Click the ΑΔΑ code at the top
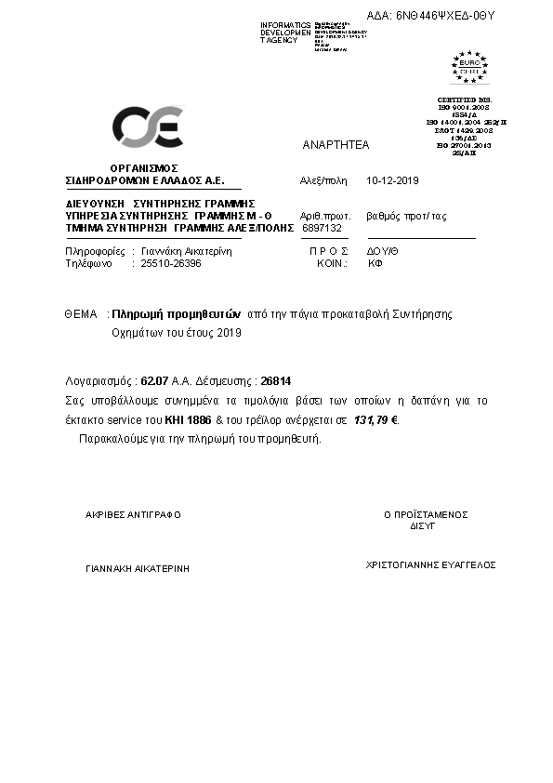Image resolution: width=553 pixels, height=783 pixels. pyautogui.click(x=432, y=16)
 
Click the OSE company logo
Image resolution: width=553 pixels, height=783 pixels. pyautogui.click(x=147, y=127)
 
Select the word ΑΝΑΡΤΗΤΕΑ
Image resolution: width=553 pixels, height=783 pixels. pyautogui.click(x=336, y=145)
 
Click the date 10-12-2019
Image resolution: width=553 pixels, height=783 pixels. pyautogui.click(x=394, y=180)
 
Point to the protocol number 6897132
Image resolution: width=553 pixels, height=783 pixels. pyautogui.click(x=323, y=227)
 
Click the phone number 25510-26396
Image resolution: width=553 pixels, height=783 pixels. pyautogui.click(x=170, y=263)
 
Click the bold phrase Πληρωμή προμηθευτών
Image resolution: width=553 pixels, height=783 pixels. pyautogui.click(x=177, y=314)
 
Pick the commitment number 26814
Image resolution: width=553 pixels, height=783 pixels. pyautogui.click(x=276, y=380)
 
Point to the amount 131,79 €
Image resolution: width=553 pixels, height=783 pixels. pyautogui.click(x=379, y=419)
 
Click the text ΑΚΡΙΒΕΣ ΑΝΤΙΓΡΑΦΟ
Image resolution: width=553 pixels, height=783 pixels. pyautogui.click(x=133, y=514)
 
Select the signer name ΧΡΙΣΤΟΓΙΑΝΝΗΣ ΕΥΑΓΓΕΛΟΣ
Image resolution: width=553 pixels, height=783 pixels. pyautogui.click(x=431, y=564)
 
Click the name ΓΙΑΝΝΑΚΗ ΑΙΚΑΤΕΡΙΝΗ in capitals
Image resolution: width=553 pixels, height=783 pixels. pyautogui.click(x=137, y=566)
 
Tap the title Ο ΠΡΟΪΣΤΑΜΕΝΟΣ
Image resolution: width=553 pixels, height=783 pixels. pyautogui.click(x=426, y=514)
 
